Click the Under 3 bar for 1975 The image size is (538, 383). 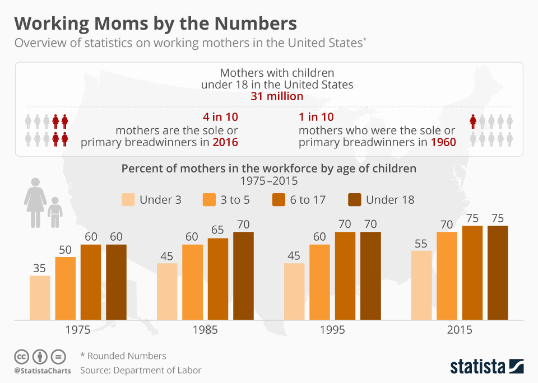tap(40, 298)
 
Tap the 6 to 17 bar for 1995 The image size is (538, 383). tap(345, 276)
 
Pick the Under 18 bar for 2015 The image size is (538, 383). tap(498, 273)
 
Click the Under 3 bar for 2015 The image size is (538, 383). tap(421, 286)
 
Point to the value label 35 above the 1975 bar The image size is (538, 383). tap(39, 268)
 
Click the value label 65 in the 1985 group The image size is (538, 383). tap(218, 231)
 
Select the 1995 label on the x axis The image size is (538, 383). tap(332, 330)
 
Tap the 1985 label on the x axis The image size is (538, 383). tap(205, 330)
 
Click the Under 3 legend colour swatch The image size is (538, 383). tap(128, 200)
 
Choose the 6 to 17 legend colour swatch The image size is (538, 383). tap(279, 200)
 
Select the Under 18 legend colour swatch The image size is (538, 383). tap(355, 200)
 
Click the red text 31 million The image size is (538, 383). tap(277, 96)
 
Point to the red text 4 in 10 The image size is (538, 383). tap(220, 118)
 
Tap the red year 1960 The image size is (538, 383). tap(443, 142)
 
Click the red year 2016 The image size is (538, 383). tap(225, 142)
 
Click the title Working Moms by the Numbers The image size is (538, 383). tap(155, 24)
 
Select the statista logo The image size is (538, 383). tap(487, 367)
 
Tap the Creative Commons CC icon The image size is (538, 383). tap(22, 356)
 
